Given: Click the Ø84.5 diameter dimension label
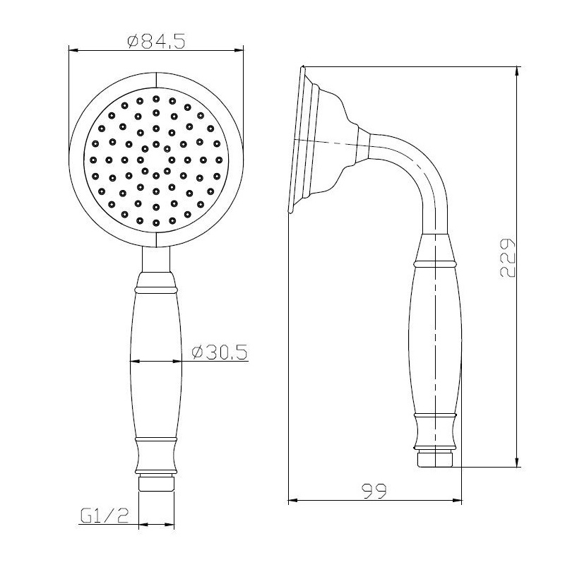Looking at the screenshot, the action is tap(156, 41).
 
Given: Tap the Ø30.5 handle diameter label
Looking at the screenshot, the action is tap(220, 352).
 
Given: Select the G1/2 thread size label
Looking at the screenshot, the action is tap(105, 516).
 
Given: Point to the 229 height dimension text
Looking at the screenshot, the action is tap(508, 258).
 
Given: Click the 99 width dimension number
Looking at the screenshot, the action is tap(374, 491).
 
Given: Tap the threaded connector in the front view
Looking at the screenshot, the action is tap(156, 483).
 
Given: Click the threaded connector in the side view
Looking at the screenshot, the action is tap(436, 458).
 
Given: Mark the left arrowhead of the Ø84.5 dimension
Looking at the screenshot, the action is tap(73, 51).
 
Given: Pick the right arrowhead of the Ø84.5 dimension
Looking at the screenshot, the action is tap(239, 51).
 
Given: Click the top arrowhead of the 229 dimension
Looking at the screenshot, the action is tap(518, 72).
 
